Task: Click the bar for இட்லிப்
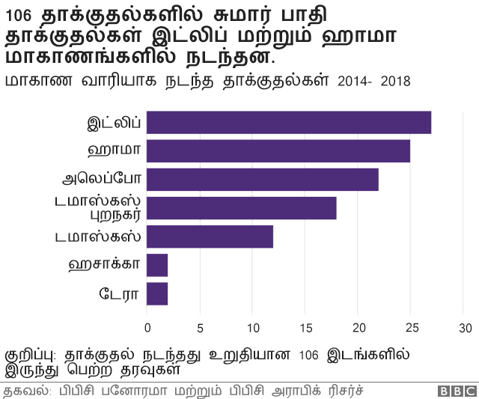click(x=289, y=122)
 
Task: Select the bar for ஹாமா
click(x=278, y=150)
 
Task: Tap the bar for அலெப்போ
click(x=263, y=180)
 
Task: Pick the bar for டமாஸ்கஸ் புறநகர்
click(x=242, y=208)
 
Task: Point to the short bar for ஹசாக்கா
click(x=157, y=265)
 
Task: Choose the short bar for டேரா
click(x=157, y=293)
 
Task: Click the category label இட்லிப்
click(x=115, y=123)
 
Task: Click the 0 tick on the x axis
click(x=147, y=328)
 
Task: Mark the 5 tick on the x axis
click(x=200, y=328)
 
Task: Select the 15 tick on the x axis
click(x=305, y=328)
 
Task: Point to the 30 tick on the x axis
click(x=466, y=328)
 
